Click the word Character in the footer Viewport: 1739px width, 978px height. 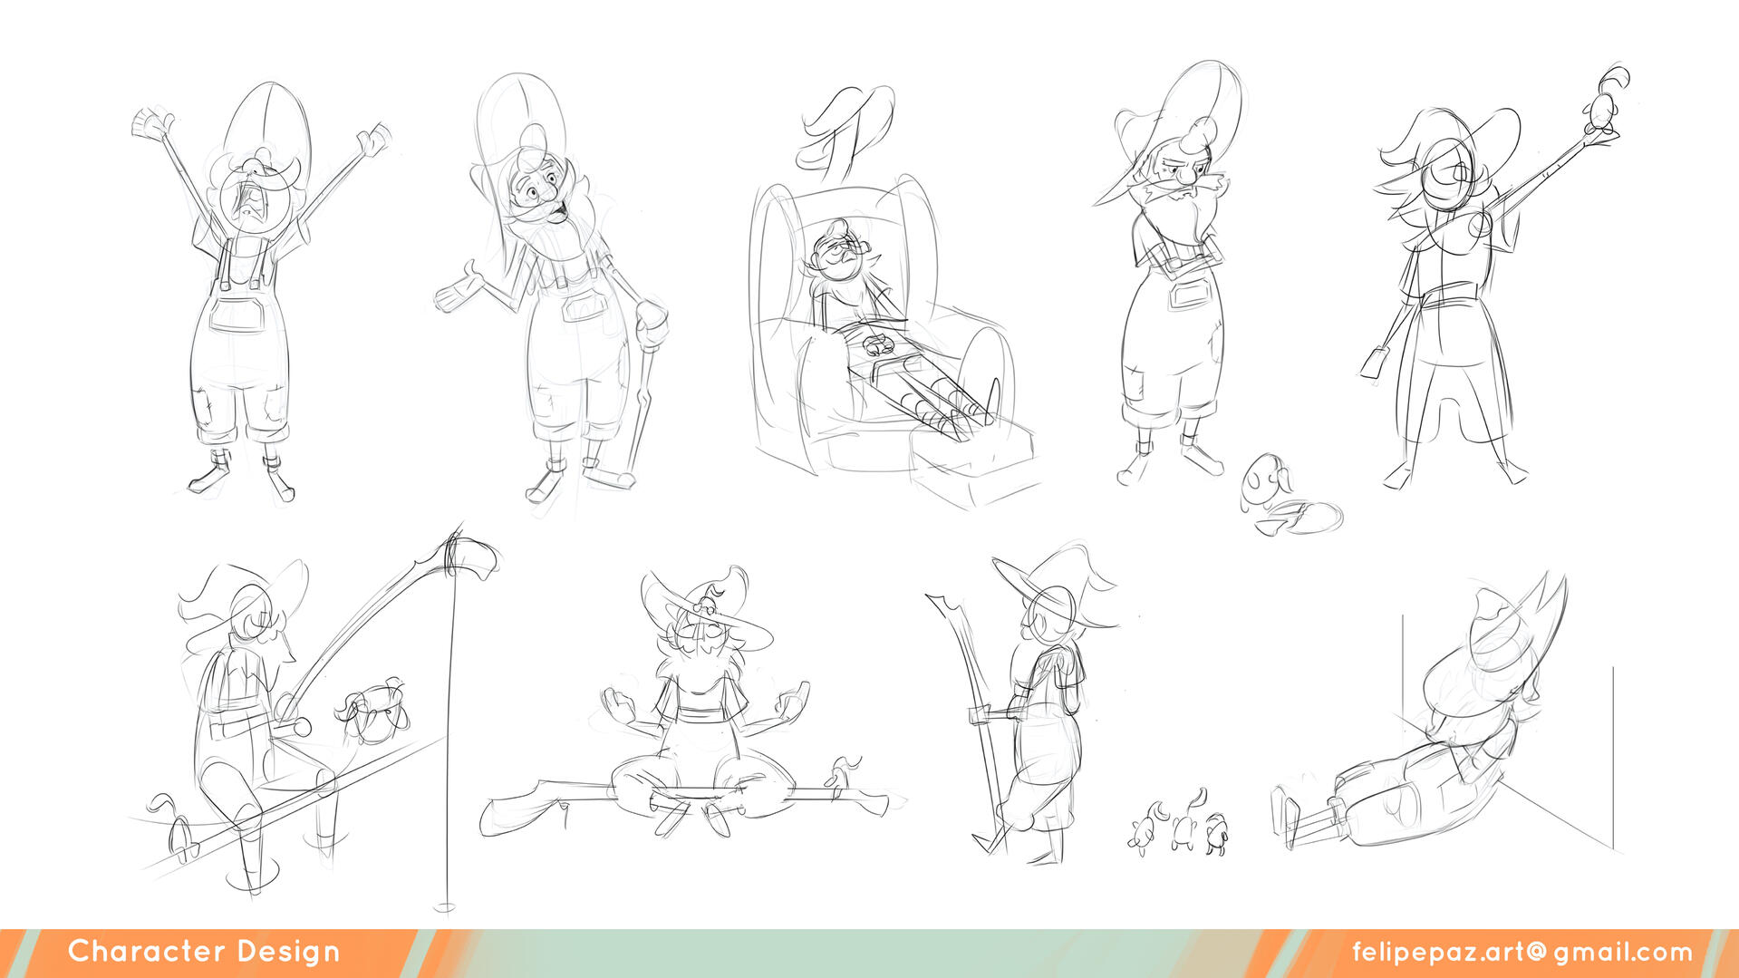(x=146, y=951)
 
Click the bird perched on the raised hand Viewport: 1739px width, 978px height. (x=1606, y=98)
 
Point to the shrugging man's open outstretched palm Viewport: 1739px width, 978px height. (x=462, y=289)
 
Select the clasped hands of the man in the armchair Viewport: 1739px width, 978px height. (x=876, y=344)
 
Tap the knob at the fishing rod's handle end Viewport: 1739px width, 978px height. (x=299, y=726)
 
